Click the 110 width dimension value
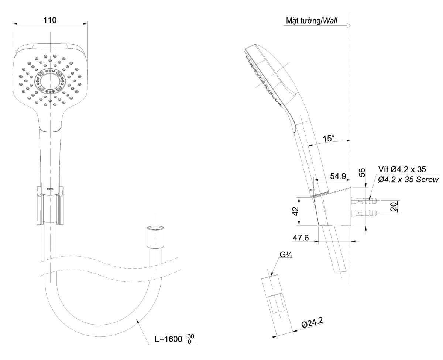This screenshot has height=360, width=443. pos(50,20)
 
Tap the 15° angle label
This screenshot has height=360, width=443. pos(329,138)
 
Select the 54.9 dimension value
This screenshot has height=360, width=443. pos(338,176)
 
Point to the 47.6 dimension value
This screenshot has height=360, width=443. pos(301,238)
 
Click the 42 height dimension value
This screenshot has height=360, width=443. pos(295,211)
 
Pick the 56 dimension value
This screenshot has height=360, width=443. pos(362,173)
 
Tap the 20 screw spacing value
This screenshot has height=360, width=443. pos(394,207)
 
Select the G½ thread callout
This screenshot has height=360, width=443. pos(286,255)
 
